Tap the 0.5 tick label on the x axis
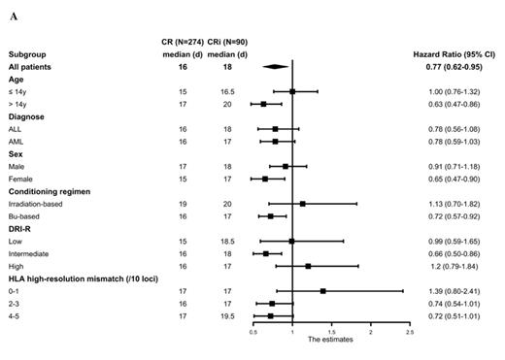(253, 332)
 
